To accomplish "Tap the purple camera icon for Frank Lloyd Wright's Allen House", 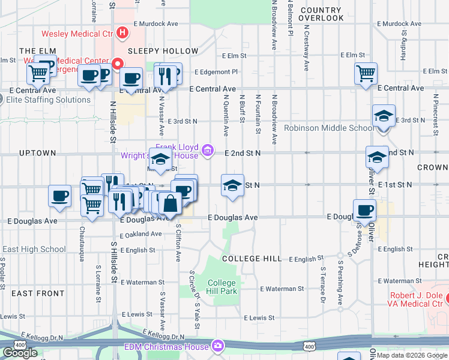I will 208,149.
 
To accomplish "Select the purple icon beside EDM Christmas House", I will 217,346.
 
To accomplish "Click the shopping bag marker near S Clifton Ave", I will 170,204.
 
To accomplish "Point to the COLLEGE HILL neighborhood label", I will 252,259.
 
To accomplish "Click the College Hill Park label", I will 223,287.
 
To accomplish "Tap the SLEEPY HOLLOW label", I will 163,52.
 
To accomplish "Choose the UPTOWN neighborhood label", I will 37,153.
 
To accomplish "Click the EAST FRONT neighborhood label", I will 37,293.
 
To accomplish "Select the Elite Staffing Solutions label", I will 50,100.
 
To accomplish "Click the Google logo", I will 20,353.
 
